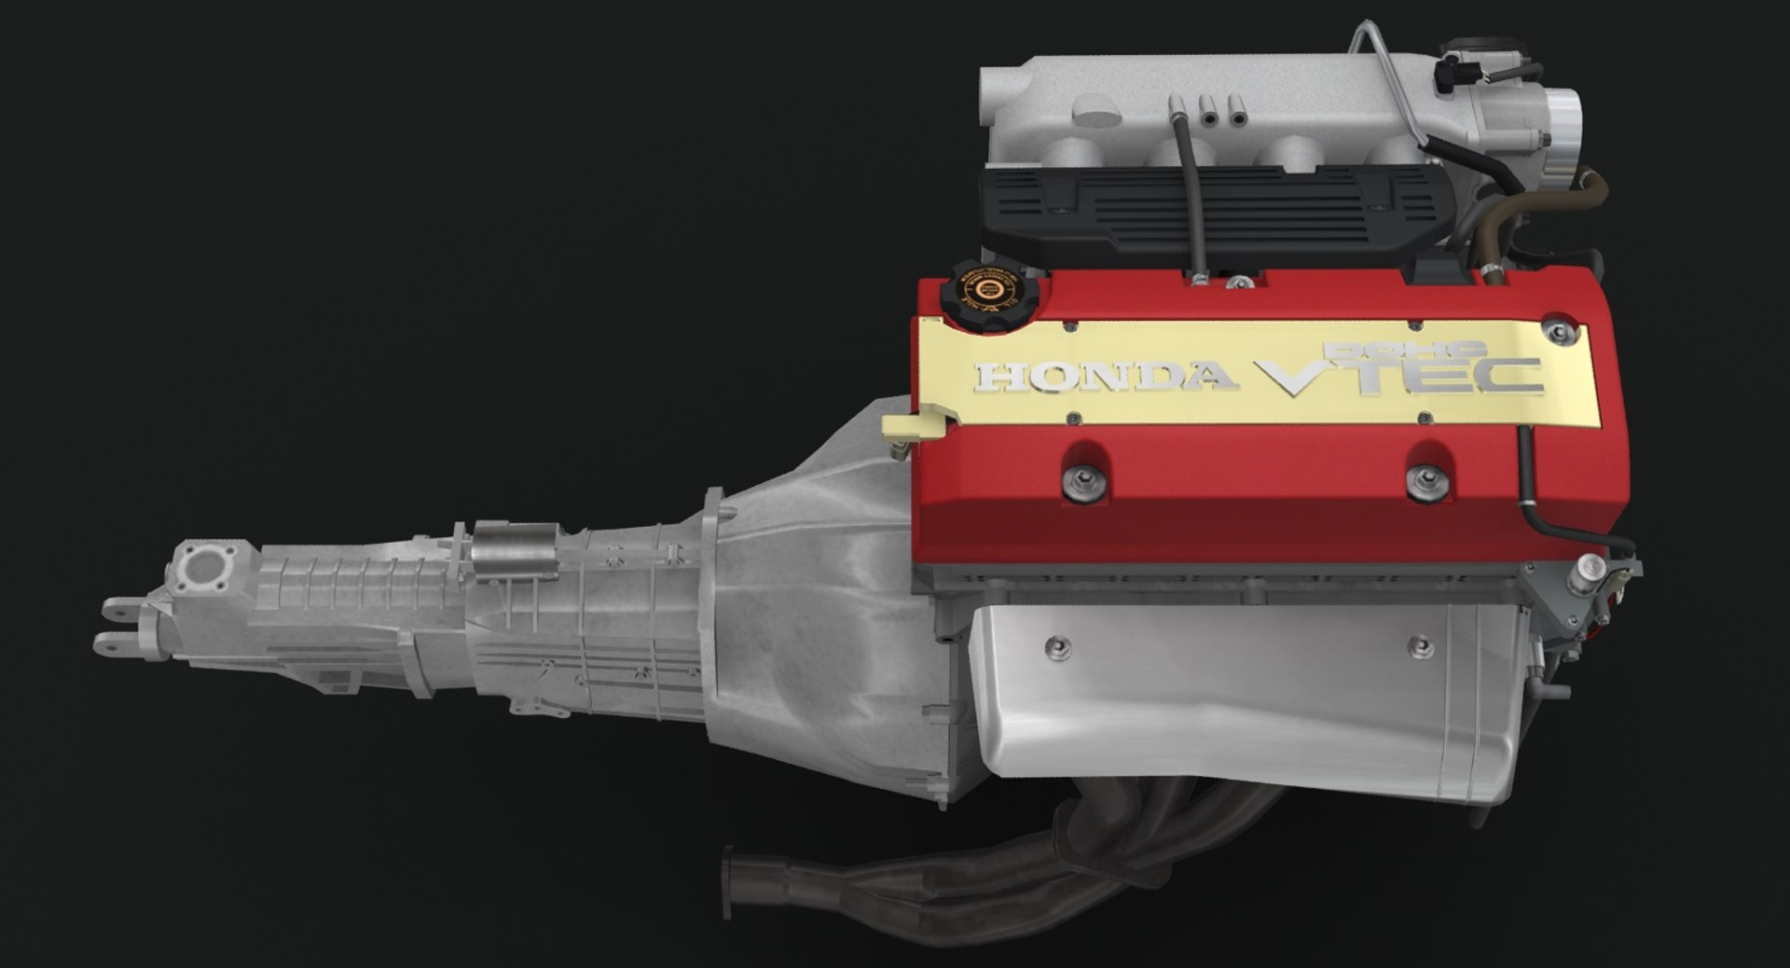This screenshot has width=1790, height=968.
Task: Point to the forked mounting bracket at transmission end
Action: coord(117,625)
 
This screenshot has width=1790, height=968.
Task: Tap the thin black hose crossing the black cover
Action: coord(1192,205)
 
